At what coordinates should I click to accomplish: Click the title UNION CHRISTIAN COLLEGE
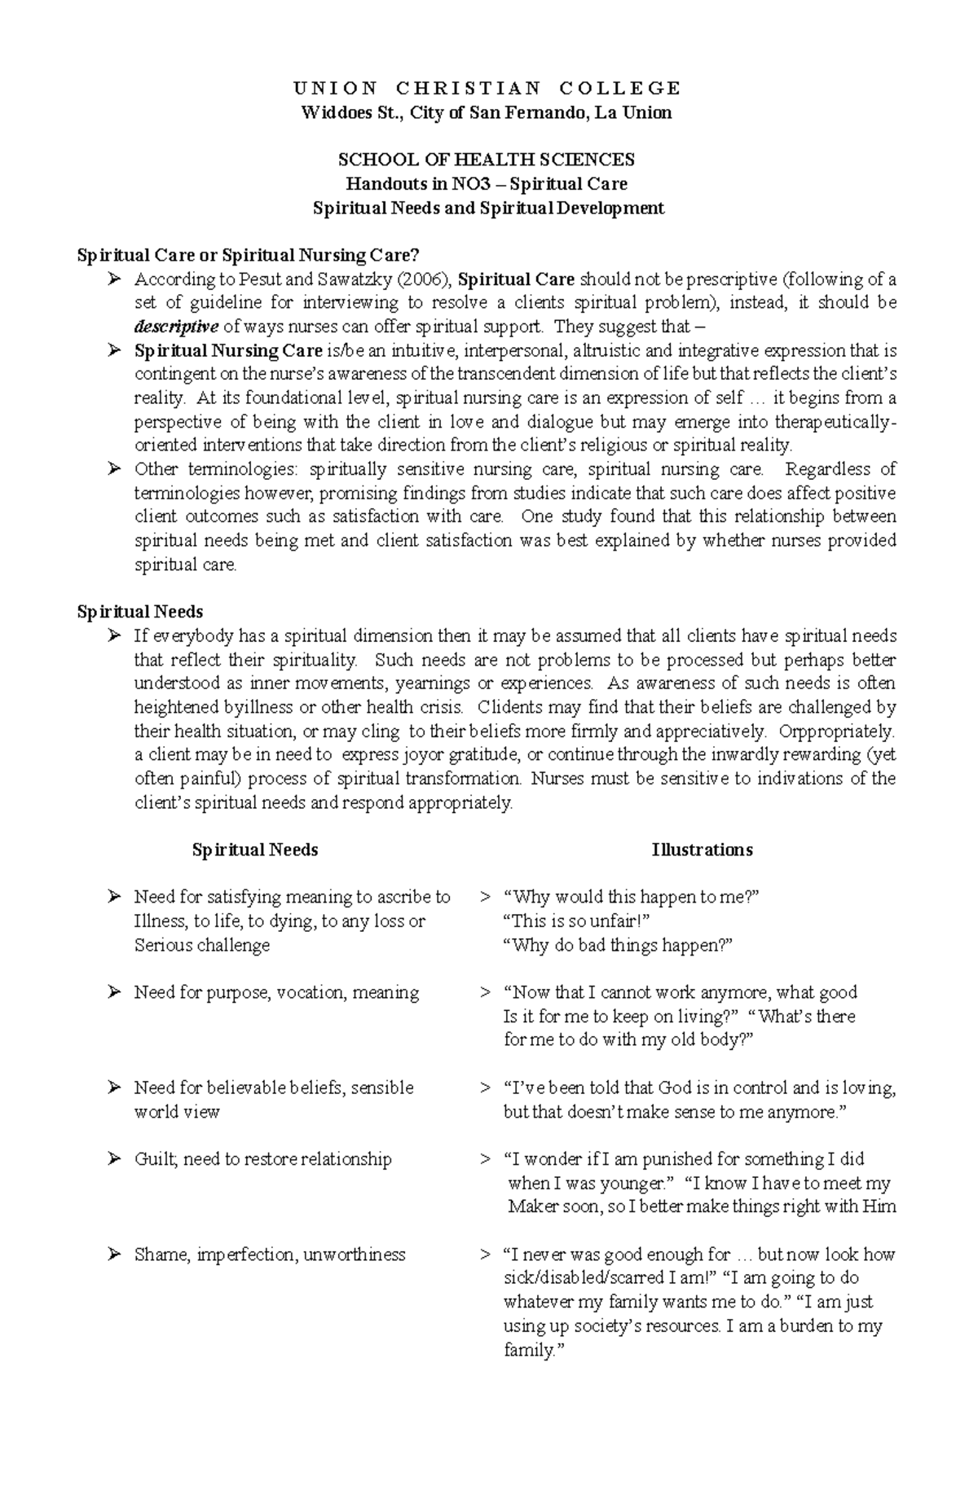click(487, 88)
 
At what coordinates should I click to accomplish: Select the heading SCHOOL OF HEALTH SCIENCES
click(488, 160)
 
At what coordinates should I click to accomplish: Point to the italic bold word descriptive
click(176, 327)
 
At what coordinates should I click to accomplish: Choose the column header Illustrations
click(702, 850)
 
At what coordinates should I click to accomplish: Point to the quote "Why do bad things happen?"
click(619, 945)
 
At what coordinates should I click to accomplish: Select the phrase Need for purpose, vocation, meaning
click(276, 992)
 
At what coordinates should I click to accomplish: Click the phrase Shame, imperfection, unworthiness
click(270, 1255)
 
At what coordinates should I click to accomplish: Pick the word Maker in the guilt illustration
click(533, 1206)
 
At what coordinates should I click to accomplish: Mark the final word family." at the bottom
click(534, 1350)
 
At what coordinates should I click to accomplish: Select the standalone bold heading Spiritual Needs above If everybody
click(139, 612)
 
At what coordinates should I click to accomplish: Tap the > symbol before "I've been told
click(485, 1088)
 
